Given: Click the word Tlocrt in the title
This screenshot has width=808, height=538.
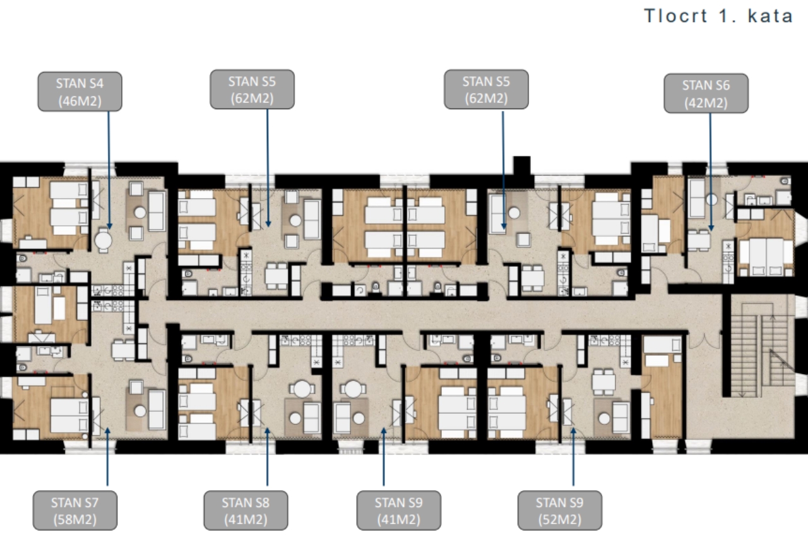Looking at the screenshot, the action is [675, 16].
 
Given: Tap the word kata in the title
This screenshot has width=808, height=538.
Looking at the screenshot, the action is [771, 16].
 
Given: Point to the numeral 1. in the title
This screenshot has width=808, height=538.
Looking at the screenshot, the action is [728, 16].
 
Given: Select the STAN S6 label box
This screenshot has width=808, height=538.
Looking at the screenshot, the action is [706, 93].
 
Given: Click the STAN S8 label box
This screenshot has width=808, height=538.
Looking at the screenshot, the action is [246, 510].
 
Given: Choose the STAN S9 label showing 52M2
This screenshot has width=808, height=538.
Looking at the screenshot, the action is [559, 510].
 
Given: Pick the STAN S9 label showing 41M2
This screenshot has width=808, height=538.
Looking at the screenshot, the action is [398, 510].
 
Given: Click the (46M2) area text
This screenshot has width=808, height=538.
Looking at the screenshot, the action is [80, 102].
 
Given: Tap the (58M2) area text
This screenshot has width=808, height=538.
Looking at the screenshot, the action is [75, 519].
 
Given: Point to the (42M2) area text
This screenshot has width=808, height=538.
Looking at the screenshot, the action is [706, 103].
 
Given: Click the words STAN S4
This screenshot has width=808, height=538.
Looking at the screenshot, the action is [80, 84].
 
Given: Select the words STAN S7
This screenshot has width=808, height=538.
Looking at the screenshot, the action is [74, 502].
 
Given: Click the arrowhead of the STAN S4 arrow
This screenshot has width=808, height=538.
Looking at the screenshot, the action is [109, 226].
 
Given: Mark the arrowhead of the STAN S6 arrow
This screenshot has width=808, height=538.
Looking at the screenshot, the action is [711, 228].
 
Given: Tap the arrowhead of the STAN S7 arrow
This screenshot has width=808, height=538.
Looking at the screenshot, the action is [107, 431].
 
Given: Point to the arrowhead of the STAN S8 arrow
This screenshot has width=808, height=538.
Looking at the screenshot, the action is [267, 431].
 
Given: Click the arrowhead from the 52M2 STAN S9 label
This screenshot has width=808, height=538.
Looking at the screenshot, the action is [573, 431].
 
